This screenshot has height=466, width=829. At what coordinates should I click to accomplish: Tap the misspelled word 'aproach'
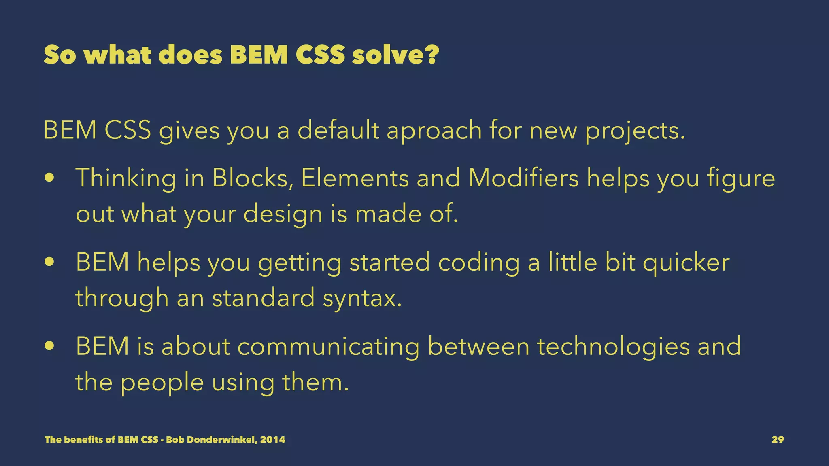click(x=434, y=131)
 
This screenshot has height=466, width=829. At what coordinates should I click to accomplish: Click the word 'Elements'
click(x=355, y=178)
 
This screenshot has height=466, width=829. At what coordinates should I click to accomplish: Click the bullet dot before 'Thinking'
click(x=49, y=178)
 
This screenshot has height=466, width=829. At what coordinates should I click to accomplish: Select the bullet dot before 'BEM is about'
click(x=49, y=347)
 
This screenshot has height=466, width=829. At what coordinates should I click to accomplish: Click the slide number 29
click(x=778, y=440)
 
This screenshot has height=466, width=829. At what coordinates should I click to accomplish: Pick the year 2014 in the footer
click(x=272, y=440)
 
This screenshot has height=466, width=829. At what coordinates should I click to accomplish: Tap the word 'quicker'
click(x=686, y=263)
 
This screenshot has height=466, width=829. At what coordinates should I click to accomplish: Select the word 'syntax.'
click(x=362, y=298)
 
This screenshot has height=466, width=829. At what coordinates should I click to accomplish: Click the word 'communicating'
click(x=328, y=347)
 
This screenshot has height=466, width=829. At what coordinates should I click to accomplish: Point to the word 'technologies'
click(x=613, y=347)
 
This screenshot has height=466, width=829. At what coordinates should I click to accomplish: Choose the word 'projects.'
click(x=635, y=131)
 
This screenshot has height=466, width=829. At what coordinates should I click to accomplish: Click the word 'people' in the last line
click(x=162, y=383)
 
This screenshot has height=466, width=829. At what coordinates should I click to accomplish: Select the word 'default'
click(x=338, y=131)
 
